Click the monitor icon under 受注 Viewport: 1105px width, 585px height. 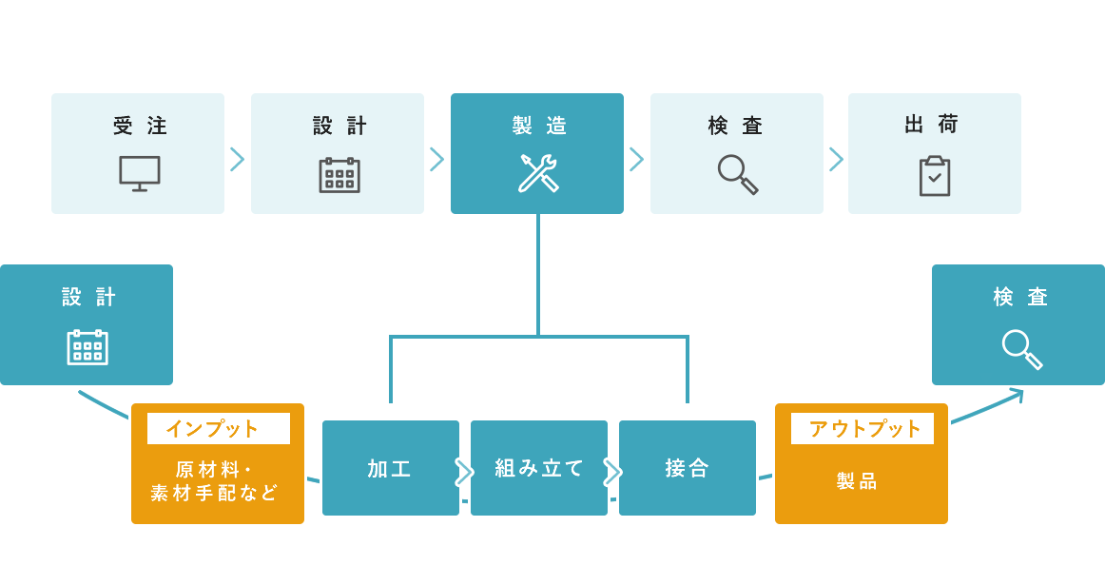coord(139,173)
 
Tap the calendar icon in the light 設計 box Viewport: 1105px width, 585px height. coord(339,175)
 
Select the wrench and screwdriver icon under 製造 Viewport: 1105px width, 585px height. coord(538,173)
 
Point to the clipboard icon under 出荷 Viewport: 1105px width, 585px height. coord(935,176)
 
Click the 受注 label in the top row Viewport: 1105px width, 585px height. coord(140,126)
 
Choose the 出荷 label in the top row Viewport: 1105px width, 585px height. coord(932,125)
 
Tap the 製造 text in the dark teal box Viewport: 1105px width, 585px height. coord(539,126)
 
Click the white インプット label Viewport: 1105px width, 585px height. coord(219,429)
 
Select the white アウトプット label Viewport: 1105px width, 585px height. coord(863,429)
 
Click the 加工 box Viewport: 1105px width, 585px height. coord(391,468)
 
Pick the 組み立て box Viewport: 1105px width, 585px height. coord(539,468)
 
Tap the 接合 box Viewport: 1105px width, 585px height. coord(688,468)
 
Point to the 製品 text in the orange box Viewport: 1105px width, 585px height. coord(857,481)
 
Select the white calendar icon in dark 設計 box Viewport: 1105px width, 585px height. coord(87,347)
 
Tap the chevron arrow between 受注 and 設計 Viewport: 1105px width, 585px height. coord(238,159)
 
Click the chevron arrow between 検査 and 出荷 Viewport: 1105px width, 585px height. coord(836,159)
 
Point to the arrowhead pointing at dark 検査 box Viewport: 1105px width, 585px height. coord(1018,393)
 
